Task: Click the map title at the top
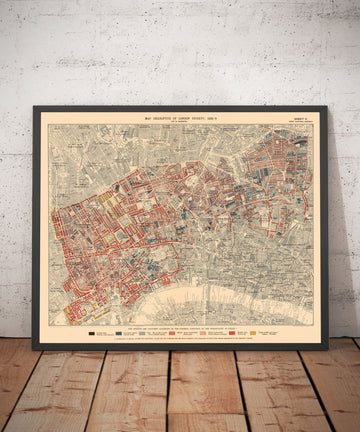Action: [x=180, y=117]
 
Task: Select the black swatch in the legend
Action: [x=96, y=331]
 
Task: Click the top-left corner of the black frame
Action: [x=34, y=107]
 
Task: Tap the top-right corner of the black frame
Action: [x=326, y=107]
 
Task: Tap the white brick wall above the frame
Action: [x=180, y=50]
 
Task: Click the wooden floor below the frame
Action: [x=180, y=395]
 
